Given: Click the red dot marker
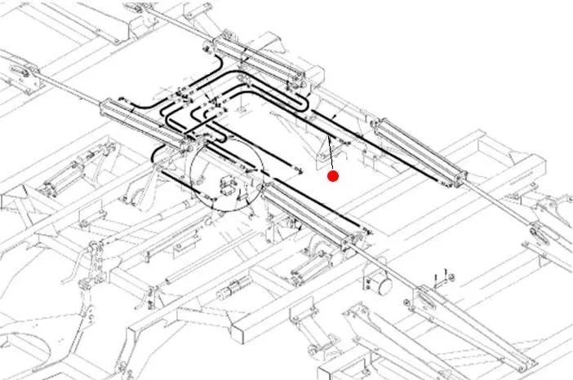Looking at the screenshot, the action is pos(332,175).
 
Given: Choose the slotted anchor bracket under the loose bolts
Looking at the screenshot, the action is pos(428,298).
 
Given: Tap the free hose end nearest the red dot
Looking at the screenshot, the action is pos(300,170).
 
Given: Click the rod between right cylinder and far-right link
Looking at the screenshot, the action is pos(498,204).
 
